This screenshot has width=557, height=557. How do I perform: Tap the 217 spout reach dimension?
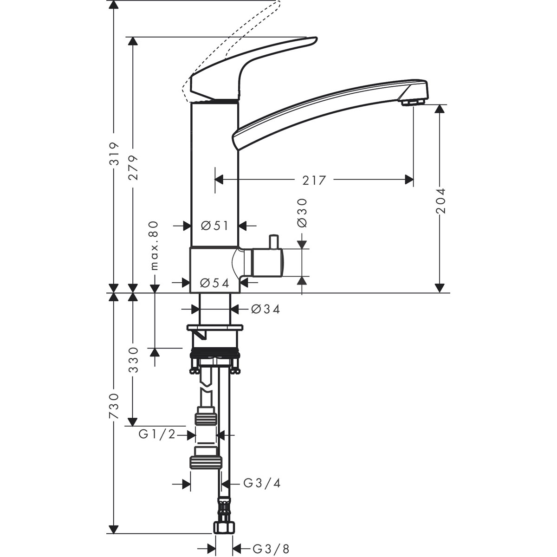point(314,180)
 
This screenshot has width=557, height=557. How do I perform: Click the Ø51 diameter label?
point(215,226)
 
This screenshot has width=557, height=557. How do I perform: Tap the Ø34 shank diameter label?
point(266,309)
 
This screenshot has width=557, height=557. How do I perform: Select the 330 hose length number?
point(133,360)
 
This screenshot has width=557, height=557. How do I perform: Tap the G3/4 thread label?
point(262,483)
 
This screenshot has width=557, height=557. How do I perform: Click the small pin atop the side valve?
point(273,241)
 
